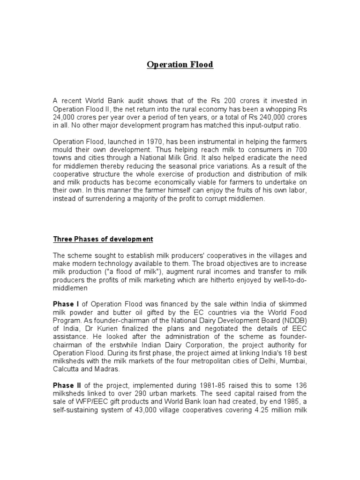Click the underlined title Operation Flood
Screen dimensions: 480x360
click(180, 64)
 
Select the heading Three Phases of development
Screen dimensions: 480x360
click(103, 239)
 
